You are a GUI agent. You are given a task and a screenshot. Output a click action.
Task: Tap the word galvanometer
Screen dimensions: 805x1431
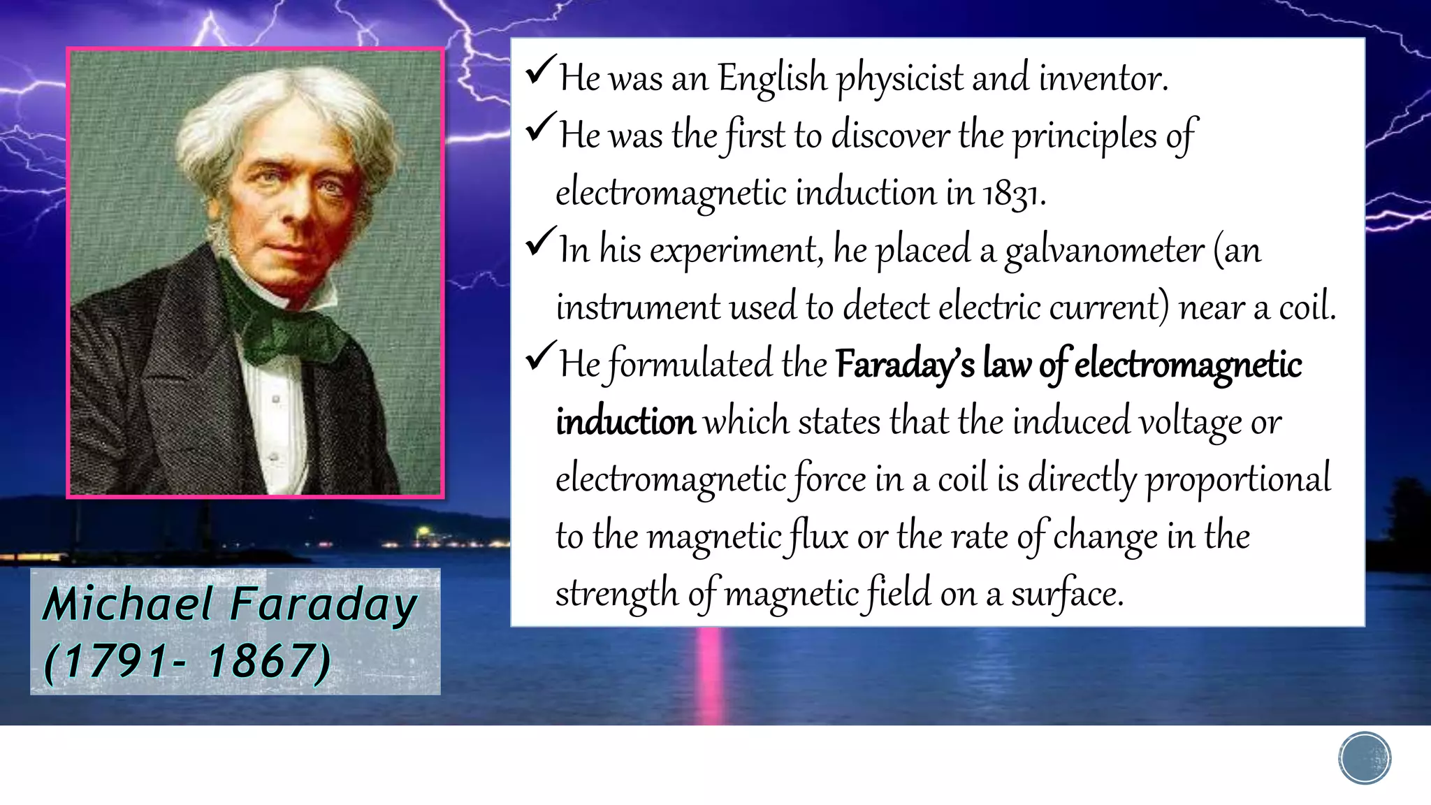click(x=1104, y=251)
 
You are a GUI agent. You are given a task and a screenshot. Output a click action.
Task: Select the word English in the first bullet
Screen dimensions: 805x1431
click(x=772, y=78)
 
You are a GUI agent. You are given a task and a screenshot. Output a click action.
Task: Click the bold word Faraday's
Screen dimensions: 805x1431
click(x=904, y=365)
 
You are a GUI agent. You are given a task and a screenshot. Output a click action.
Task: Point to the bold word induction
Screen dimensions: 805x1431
click(x=625, y=423)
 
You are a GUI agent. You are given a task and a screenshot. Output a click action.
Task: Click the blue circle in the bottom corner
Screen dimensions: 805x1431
click(x=1365, y=758)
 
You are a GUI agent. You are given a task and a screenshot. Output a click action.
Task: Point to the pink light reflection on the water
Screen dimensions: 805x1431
click(x=711, y=671)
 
